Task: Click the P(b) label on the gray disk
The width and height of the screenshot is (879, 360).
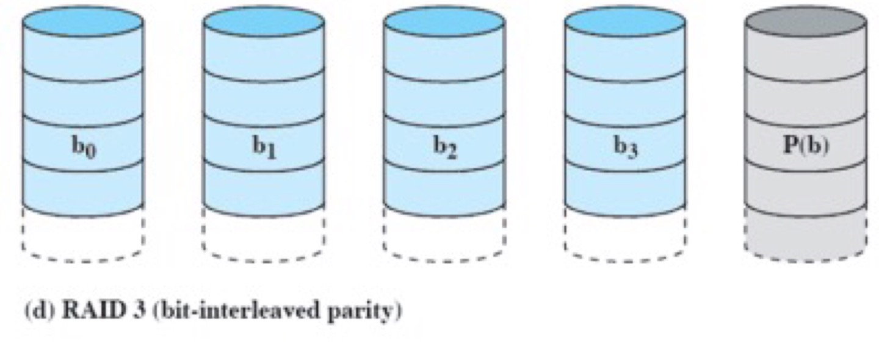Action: coord(806,147)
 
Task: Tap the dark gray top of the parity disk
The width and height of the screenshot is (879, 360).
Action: coord(806,21)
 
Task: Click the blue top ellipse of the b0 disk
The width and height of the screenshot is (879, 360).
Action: coord(82,21)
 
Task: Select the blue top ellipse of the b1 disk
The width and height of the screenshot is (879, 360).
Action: coord(264,21)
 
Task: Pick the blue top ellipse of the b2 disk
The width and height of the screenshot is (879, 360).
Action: coord(444,21)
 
